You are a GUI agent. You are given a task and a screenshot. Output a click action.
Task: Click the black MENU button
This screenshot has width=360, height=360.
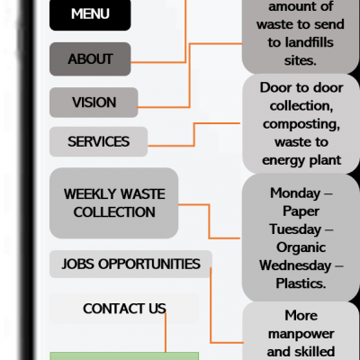click(x=90, y=14)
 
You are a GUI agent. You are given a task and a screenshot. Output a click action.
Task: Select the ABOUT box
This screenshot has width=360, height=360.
click(x=90, y=58)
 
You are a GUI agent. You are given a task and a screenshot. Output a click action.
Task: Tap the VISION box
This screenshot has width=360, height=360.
click(x=94, y=103)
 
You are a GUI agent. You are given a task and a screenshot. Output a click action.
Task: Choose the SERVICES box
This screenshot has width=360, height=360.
click(x=98, y=141)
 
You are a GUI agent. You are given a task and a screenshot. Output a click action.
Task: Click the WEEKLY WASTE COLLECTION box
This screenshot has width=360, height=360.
click(x=114, y=203)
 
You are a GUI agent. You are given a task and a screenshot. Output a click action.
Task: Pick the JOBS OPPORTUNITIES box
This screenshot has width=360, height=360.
click(x=130, y=264)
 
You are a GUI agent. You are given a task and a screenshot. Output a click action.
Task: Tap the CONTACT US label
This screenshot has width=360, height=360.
click(x=124, y=309)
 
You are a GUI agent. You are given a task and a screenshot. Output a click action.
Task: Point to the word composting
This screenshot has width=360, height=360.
click(x=301, y=124)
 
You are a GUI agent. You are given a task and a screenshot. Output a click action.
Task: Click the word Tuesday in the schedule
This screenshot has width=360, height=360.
click(x=295, y=229)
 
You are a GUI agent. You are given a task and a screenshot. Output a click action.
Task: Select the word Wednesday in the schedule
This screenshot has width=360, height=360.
click(x=295, y=265)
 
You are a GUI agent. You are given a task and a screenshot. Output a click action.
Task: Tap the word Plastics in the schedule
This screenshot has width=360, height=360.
click(x=301, y=283)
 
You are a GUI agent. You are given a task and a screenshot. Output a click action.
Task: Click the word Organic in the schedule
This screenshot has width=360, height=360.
click(x=301, y=248)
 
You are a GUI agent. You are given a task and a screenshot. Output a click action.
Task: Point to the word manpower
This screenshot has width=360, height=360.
click(x=301, y=334)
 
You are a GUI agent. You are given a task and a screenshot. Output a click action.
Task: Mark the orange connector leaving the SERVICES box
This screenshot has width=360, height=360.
click(x=194, y=134)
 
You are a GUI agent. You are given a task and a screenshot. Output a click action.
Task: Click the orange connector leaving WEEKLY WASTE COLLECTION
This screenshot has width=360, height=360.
click(x=209, y=221)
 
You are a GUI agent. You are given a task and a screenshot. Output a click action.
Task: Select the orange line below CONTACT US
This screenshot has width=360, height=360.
click(x=166, y=333)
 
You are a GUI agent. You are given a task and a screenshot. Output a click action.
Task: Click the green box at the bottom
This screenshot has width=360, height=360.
click(x=124, y=356)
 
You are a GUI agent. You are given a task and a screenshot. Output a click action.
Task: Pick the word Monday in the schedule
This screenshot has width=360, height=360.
click(x=295, y=193)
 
